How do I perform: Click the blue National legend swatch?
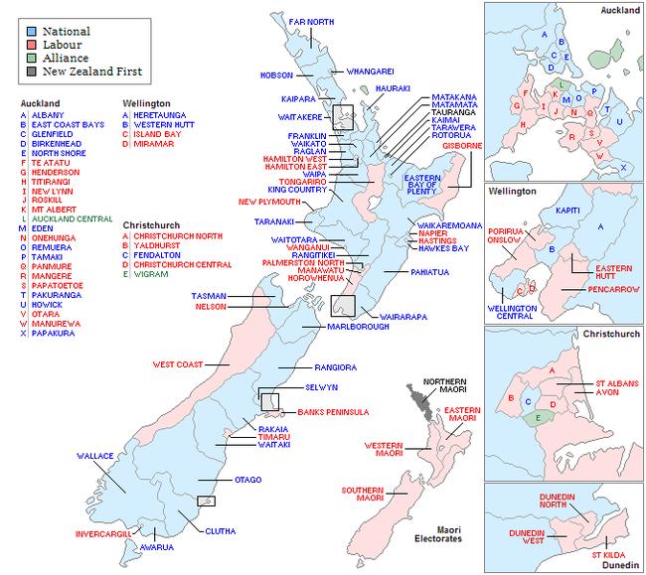click(x=32, y=31)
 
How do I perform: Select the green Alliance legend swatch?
click(x=32, y=58)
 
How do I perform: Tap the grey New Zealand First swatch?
click(x=32, y=72)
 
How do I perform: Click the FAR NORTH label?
click(x=310, y=21)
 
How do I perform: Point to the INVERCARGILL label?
click(x=103, y=534)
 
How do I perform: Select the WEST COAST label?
click(x=177, y=364)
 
